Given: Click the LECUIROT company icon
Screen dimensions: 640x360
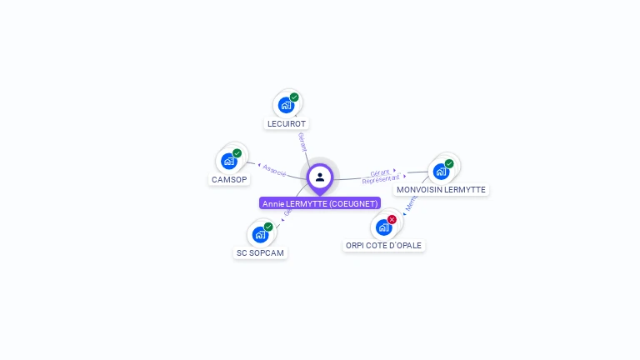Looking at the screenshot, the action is tap(286, 105).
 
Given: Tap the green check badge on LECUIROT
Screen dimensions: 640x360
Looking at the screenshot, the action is tap(294, 97).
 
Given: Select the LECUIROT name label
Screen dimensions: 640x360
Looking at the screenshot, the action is tap(287, 123).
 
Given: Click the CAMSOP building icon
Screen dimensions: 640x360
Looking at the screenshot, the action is tap(229, 161).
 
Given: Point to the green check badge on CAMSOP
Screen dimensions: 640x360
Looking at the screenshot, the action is tap(237, 153).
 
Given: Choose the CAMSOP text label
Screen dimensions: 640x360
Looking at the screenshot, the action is tap(229, 179).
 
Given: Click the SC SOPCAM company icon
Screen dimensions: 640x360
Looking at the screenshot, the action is tap(260, 234).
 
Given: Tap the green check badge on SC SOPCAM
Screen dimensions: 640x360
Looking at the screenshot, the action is tap(268, 227).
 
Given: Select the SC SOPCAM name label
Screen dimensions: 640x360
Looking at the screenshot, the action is tap(260, 252).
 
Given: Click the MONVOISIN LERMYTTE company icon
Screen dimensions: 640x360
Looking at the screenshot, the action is tap(441, 171).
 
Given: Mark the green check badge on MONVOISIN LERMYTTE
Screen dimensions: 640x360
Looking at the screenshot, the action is tap(449, 163).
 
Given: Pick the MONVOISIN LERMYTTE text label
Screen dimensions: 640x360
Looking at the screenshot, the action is tap(441, 189).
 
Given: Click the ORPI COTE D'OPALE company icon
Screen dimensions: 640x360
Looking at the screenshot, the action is tap(383, 227).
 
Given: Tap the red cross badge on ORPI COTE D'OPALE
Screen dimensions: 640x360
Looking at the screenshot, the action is tap(392, 219).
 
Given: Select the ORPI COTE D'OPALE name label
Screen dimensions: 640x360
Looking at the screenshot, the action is tap(384, 246).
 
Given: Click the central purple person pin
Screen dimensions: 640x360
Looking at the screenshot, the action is tap(320, 177).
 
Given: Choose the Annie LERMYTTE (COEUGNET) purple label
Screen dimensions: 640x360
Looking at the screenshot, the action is tap(320, 203).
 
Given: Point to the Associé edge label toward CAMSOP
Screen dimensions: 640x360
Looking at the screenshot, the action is tap(274, 170).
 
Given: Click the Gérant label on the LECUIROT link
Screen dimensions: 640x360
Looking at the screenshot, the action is tap(303, 141).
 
